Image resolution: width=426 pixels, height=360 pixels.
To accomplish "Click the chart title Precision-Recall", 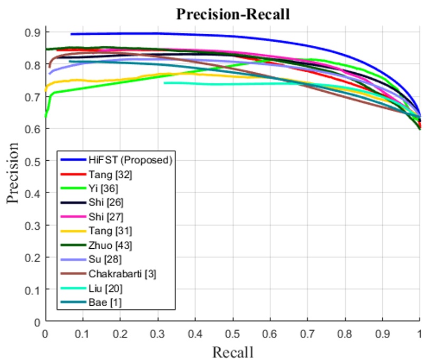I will [x=233, y=14].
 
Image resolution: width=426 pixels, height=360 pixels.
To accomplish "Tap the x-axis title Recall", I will [x=233, y=352].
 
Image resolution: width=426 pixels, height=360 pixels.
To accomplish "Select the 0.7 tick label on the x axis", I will [x=307, y=333].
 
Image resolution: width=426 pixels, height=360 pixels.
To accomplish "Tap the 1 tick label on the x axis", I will [x=420, y=333].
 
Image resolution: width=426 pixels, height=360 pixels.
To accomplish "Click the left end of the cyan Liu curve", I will [x=164, y=83].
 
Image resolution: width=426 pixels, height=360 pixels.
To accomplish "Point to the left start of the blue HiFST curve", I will [x=71, y=34].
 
